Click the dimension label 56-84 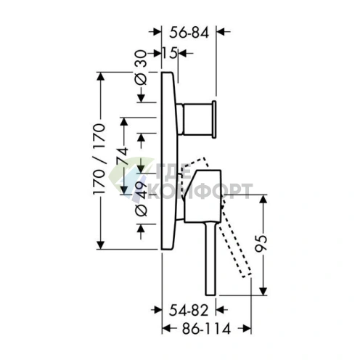coord(189,33)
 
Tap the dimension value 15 coord(170,53)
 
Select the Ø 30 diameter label coord(141,68)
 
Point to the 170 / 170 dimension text coord(99,158)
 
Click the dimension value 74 coord(122,155)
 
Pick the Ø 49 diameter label coord(141,199)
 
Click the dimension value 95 coord(261,244)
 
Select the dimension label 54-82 coord(189,311)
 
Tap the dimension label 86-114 coord(206,329)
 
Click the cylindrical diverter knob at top coord(197,119)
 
